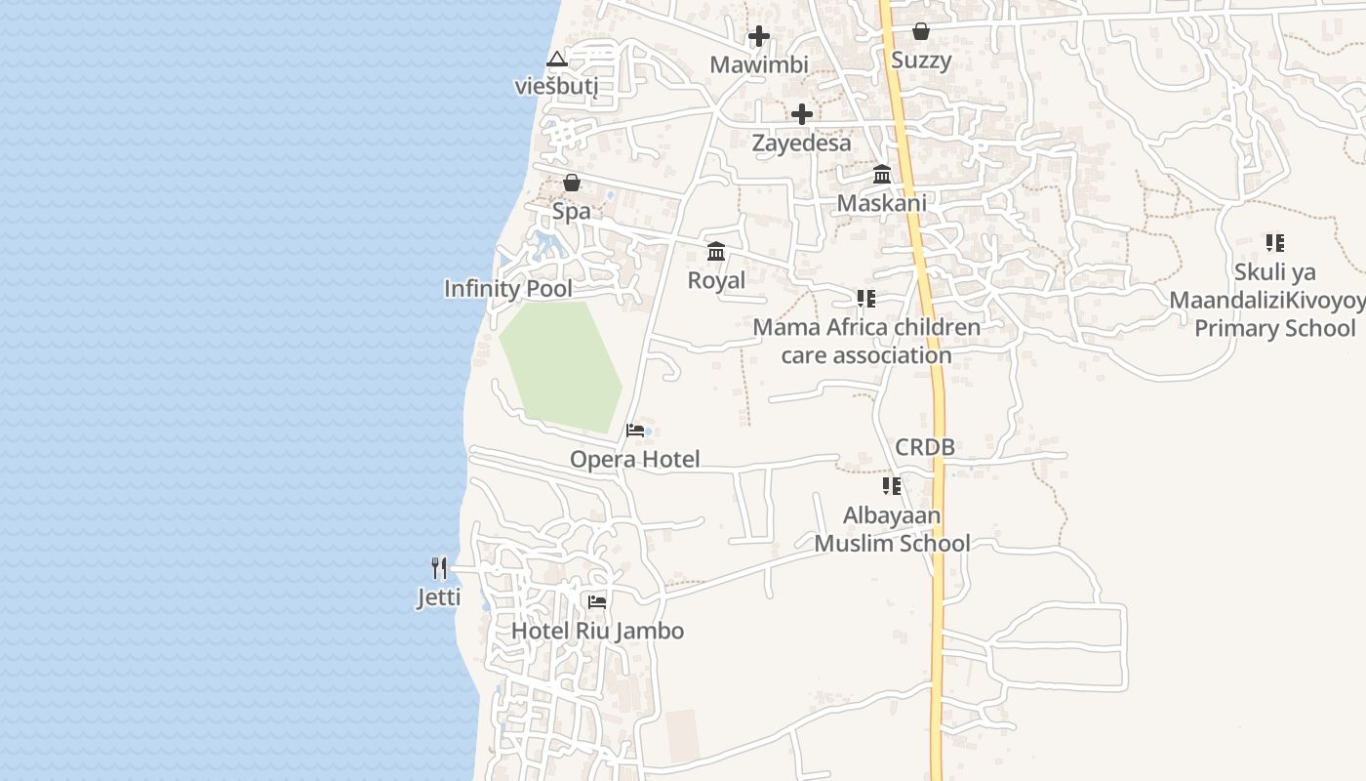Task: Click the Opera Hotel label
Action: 634,460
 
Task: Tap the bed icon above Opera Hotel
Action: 635,430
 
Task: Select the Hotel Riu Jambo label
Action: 597,631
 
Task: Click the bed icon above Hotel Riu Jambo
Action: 597,601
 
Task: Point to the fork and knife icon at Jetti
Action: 439,567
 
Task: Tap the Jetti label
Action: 439,596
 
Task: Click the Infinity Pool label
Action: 507,289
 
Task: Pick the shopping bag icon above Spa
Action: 572,183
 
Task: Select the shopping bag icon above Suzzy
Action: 920,31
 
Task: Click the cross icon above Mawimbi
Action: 758,37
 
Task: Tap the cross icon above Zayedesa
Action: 801,114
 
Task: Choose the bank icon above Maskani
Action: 882,174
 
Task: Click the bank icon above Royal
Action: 716,251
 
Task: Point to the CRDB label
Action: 924,448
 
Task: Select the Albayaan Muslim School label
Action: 892,529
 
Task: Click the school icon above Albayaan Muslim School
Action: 892,485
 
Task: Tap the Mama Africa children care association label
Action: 866,341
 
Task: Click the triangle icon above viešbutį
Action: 556,59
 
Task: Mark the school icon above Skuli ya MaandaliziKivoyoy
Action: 1274,242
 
